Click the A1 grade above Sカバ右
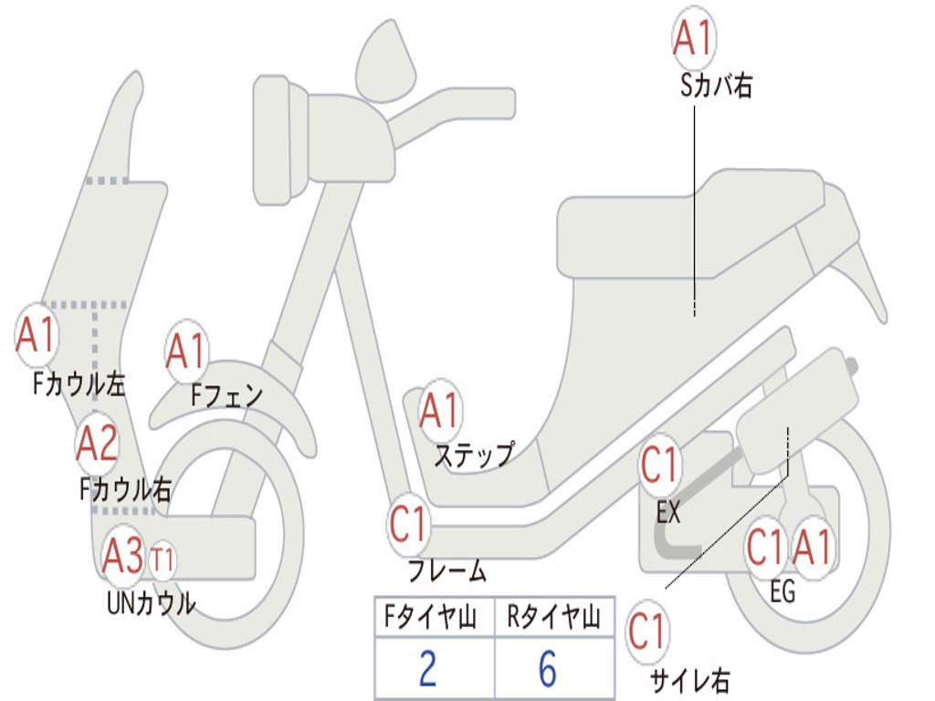(x=693, y=37)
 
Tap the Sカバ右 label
(x=716, y=86)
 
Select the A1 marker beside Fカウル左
(x=37, y=335)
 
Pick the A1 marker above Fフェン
(x=187, y=351)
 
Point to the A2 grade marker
(x=97, y=444)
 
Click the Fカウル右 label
(x=124, y=490)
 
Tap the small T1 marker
(x=163, y=559)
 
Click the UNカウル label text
(x=152, y=602)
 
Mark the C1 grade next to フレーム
(x=409, y=525)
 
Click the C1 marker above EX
(x=660, y=466)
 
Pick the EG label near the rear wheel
(x=783, y=591)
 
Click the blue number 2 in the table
(x=428, y=669)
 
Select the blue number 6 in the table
(x=547, y=669)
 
